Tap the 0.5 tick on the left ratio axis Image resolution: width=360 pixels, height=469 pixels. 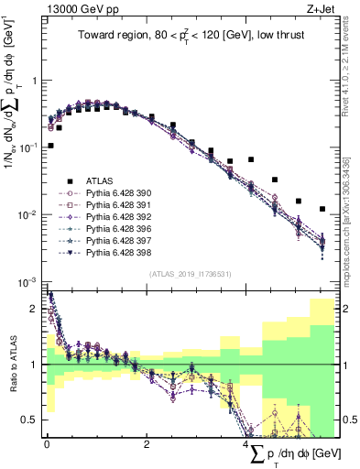pyautogui.click(x=33, y=420)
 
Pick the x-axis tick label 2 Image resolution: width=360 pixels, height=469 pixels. pyautogui.click(x=147, y=443)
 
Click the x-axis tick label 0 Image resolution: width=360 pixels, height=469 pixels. pyautogui.click(x=47, y=443)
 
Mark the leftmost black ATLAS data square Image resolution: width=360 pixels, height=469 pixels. pyautogui.click(x=50, y=146)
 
